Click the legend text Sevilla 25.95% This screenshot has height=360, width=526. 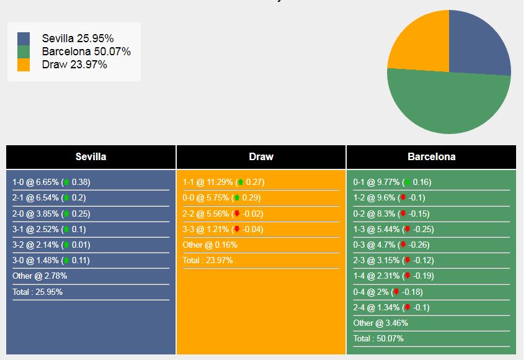tap(78, 38)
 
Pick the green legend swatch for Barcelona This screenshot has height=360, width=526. tap(24, 52)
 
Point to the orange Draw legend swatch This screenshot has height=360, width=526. tap(24, 65)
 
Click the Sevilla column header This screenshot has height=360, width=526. tap(91, 156)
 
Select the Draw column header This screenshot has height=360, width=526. tap(261, 156)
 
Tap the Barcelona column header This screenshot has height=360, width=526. tap(431, 156)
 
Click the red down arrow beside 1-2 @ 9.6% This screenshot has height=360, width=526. tap(403, 198)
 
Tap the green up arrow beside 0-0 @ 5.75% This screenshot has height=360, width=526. tap(236, 198)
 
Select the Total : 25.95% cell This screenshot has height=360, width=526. tap(37, 292)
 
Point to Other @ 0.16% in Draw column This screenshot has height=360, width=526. tap(210, 245)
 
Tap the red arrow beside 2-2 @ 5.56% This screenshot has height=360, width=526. tap(236, 214)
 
